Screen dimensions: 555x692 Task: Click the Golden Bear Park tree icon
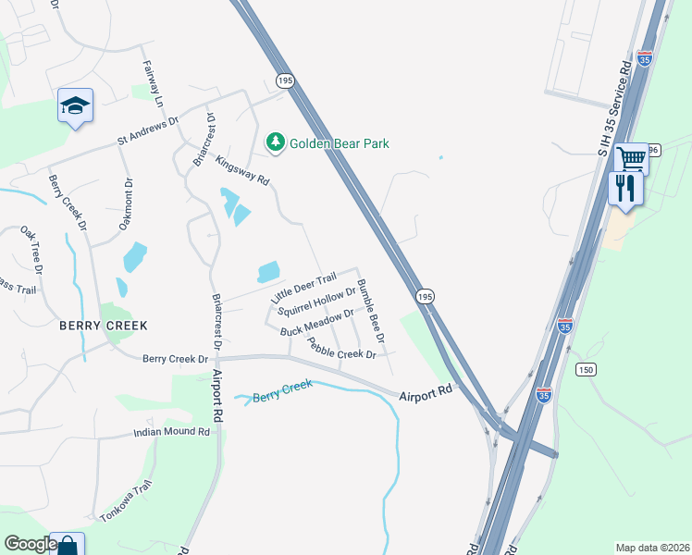pos(275,142)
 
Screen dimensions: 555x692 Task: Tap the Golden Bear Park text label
pos(340,143)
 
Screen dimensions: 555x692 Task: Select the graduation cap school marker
pos(74,105)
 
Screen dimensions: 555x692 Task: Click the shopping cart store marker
pos(632,158)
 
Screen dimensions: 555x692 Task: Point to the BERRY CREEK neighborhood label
pos(104,326)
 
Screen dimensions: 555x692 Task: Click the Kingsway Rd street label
pos(241,169)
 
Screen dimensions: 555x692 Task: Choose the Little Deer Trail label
pos(303,290)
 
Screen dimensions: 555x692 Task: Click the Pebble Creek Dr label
pos(341,348)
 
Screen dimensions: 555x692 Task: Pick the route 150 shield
pos(585,370)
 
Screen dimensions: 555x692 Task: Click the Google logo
pos(30,544)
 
